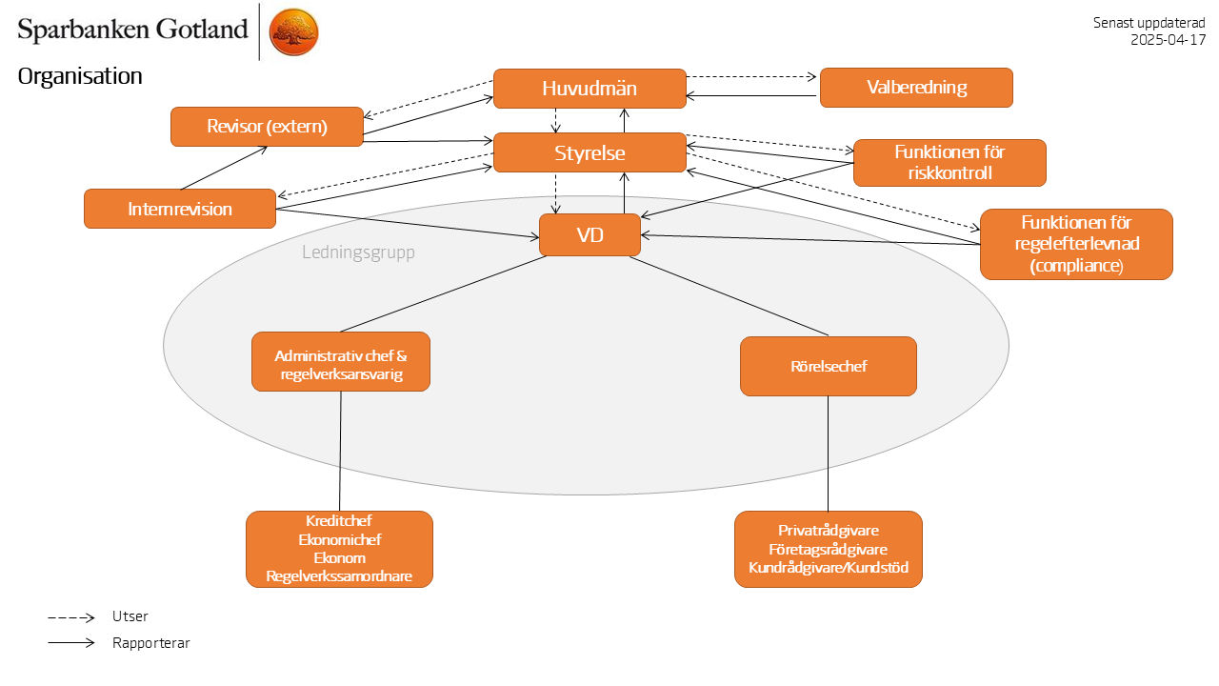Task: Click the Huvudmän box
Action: [x=590, y=89]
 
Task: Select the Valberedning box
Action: [x=916, y=88]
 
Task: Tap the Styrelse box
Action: [x=590, y=152]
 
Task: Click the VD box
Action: [x=590, y=235]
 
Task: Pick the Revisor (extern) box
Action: [x=267, y=127]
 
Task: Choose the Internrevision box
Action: [x=180, y=209]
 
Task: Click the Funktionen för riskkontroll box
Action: [x=949, y=163]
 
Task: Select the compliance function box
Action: [x=1076, y=244]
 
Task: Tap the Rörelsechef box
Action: [x=829, y=366]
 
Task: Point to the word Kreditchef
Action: [x=339, y=521]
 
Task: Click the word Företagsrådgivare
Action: [x=829, y=550]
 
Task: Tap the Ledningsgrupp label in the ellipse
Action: [x=359, y=253]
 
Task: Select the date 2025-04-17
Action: [x=1169, y=40]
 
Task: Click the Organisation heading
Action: [x=80, y=77]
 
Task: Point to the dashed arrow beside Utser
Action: [x=71, y=617]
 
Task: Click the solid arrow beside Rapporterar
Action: [x=71, y=643]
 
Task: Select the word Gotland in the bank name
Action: [x=202, y=30]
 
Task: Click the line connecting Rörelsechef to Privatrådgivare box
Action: [x=828, y=454]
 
